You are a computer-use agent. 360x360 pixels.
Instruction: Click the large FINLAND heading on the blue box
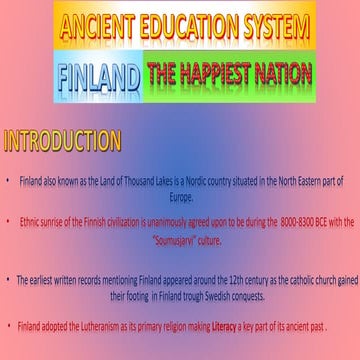coord(98,75)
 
